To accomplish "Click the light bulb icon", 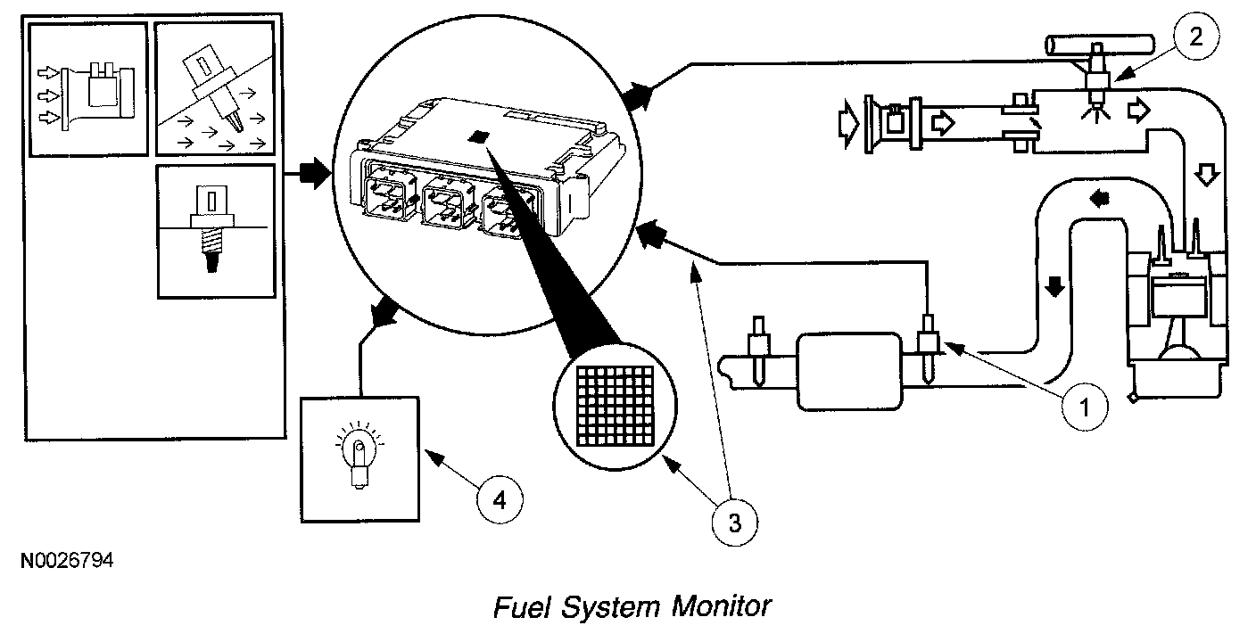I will pos(359,454).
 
